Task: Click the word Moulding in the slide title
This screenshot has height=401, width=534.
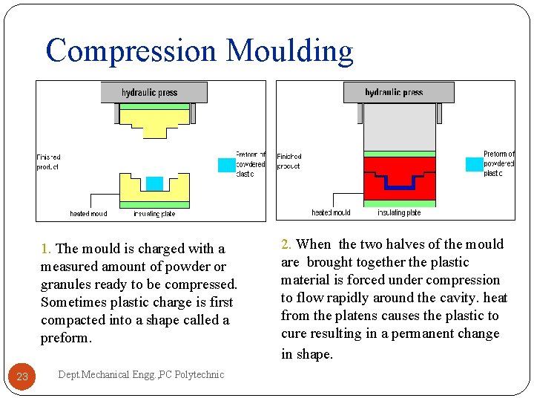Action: [289, 51]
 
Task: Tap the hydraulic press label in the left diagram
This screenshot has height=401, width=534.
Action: [150, 93]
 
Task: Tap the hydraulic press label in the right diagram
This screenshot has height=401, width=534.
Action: [394, 92]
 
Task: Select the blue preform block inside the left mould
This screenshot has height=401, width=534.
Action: [154, 183]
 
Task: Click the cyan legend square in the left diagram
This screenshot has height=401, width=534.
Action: [226, 165]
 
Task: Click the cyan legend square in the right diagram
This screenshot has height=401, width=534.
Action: [473, 164]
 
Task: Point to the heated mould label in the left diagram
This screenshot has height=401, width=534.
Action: [88, 214]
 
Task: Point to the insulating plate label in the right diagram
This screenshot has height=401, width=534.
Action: [399, 213]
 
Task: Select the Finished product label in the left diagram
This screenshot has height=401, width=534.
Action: [48, 162]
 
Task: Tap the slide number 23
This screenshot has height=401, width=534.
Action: [22, 376]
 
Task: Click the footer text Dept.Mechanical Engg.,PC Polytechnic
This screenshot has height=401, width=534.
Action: [140, 375]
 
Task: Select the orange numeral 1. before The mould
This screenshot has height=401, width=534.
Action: [46, 249]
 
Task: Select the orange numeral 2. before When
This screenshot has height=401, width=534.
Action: [286, 244]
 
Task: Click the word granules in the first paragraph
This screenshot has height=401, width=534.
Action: [66, 284]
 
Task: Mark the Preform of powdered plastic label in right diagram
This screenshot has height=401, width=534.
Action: [498, 163]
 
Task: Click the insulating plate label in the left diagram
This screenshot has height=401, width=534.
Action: [154, 214]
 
